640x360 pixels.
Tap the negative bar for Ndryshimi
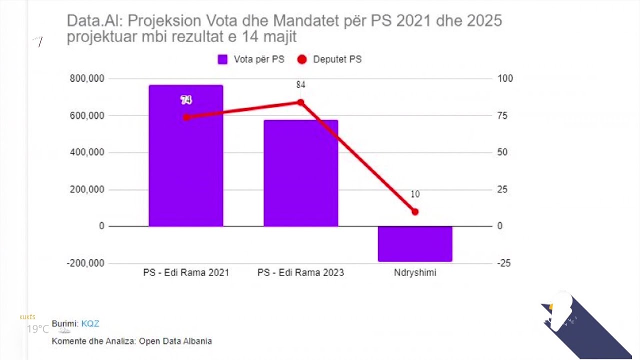point(415,243)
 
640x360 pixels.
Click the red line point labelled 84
point(300,102)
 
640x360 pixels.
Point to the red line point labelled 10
point(415,212)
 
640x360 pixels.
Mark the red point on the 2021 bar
point(186,117)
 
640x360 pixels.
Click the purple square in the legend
point(222,59)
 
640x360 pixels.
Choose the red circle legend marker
point(302,59)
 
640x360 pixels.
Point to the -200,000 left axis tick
point(85,263)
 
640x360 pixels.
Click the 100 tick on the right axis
point(505,78)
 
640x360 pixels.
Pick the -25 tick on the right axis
point(504,263)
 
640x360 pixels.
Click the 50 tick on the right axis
point(502,152)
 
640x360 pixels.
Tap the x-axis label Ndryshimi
point(415,273)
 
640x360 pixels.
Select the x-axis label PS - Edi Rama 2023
point(300,273)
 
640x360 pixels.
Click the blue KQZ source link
point(90,323)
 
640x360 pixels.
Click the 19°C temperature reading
point(38,329)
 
